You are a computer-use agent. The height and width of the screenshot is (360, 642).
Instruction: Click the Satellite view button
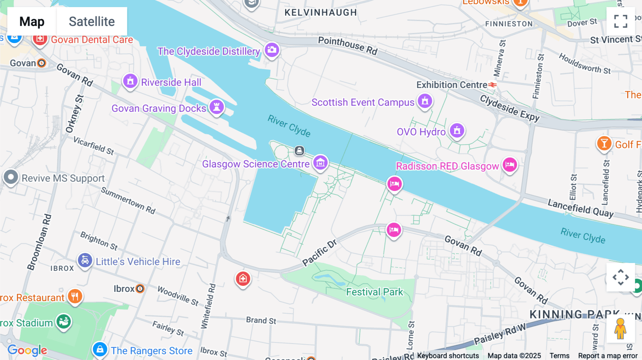point(92,21)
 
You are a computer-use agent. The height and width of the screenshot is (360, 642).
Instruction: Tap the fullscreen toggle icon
point(621,21)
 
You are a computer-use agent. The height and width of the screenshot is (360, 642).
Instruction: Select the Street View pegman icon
point(620,329)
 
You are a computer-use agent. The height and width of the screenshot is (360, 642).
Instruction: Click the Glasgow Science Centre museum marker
point(320,163)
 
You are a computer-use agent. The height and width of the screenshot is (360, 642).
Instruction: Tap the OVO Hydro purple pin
point(457,130)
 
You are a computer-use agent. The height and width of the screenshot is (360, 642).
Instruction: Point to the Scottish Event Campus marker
point(425,101)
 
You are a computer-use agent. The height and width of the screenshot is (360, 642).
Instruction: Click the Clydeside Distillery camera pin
point(272,50)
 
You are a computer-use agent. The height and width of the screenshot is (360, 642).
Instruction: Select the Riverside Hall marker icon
point(130,81)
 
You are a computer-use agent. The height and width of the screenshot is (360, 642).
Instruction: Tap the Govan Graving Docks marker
point(216,107)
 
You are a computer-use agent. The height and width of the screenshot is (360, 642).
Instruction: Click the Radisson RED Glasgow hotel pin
point(510,165)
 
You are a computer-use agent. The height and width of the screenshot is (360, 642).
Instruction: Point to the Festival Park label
point(374,292)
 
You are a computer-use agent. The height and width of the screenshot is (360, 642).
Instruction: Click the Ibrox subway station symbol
point(140,289)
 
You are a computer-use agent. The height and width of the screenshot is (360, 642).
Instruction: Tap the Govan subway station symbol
point(42,63)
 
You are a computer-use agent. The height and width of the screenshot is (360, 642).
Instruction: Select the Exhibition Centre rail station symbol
point(493,85)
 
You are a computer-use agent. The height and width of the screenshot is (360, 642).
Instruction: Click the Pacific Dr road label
point(320,253)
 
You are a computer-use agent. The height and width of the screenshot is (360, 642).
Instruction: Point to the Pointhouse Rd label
point(347,46)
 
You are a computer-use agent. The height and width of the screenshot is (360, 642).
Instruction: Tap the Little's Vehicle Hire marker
point(85,261)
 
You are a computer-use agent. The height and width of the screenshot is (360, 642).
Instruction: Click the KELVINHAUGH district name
point(321,12)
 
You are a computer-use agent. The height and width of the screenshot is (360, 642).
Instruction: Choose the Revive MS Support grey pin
point(11,177)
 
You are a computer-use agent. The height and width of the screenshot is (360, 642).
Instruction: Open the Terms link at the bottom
point(559,356)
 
